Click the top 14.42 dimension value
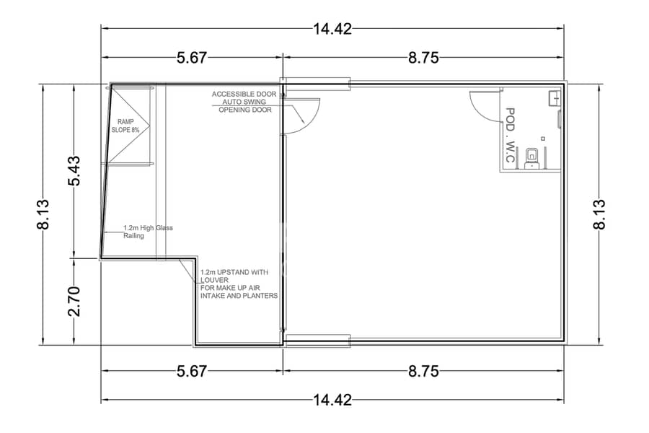pyautogui.click(x=332, y=29)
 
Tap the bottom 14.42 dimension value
pyautogui.click(x=332, y=401)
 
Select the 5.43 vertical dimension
pyautogui.click(x=74, y=171)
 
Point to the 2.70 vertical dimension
pyautogui.click(x=74, y=301)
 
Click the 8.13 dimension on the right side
pyautogui.click(x=599, y=214)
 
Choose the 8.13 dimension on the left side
pyautogui.click(x=43, y=214)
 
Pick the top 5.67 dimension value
pyautogui.click(x=192, y=58)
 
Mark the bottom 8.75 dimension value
pyautogui.click(x=423, y=371)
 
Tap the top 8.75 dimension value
pyautogui.click(x=423, y=58)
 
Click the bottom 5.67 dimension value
pyautogui.click(x=192, y=371)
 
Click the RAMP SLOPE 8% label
pyautogui.click(x=125, y=126)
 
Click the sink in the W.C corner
pyautogui.click(x=555, y=98)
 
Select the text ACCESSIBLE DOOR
pyautogui.click(x=244, y=94)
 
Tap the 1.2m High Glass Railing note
pyautogui.click(x=148, y=232)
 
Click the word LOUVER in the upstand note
pyautogui.click(x=214, y=280)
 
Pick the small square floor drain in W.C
pyautogui.click(x=543, y=139)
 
